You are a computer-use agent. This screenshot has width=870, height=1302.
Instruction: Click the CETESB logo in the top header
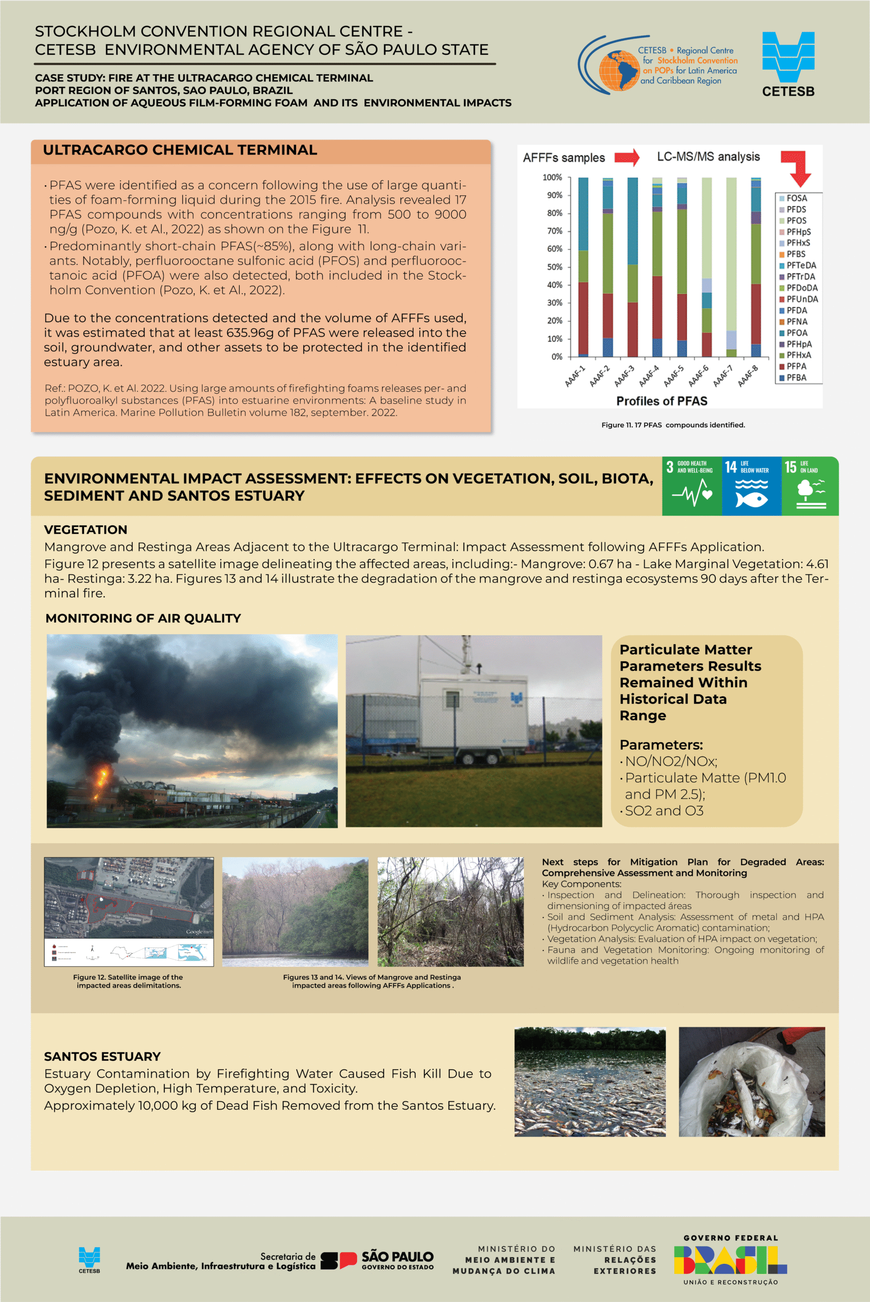(x=788, y=64)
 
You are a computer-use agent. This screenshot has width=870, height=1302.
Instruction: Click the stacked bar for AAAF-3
(x=632, y=267)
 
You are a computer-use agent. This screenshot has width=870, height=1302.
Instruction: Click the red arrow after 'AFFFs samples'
(x=627, y=158)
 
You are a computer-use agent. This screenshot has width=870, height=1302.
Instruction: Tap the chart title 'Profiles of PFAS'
(x=661, y=401)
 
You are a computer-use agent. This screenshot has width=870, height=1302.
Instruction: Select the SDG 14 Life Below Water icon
(x=751, y=486)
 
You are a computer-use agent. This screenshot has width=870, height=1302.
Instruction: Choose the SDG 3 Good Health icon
(x=691, y=486)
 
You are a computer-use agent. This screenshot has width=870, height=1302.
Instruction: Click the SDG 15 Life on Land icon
(x=809, y=486)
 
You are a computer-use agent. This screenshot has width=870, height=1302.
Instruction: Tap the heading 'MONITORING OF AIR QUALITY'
(x=143, y=618)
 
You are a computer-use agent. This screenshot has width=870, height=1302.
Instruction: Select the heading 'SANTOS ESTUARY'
(x=102, y=1056)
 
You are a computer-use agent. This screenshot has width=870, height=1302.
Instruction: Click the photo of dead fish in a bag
(x=751, y=1082)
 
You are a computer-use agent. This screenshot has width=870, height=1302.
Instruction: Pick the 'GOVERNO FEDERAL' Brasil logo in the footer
(x=730, y=1260)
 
